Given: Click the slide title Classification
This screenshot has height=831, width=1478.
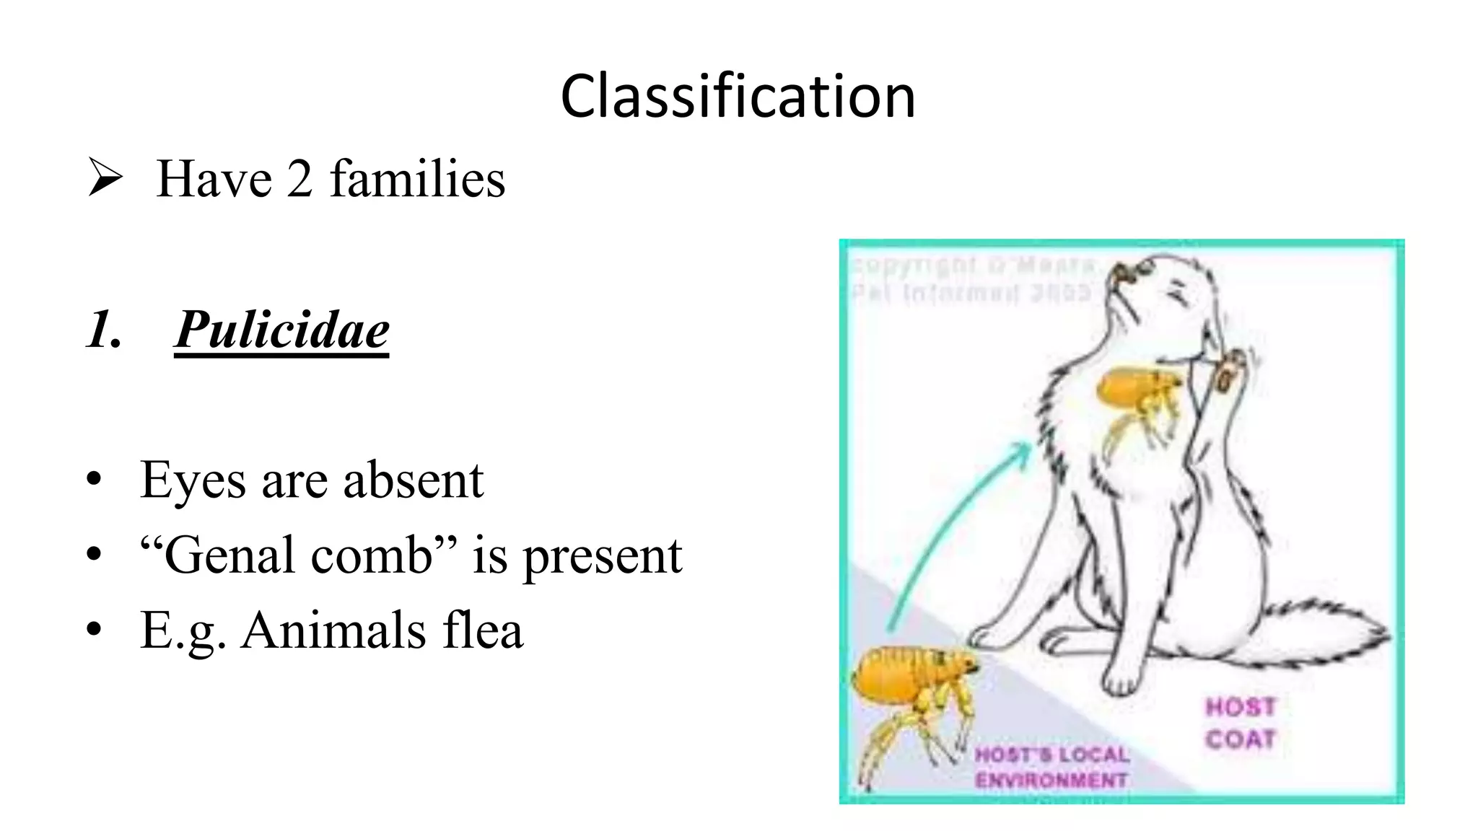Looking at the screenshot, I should click(x=738, y=97).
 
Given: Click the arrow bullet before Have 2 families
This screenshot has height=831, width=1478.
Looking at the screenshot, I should click(x=105, y=178).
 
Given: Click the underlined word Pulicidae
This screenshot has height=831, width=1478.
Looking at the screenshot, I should click(x=281, y=329).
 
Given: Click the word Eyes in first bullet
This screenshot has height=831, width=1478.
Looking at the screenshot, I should click(x=193, y=481).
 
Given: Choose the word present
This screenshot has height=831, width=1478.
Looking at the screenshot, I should click(x=602, y=556).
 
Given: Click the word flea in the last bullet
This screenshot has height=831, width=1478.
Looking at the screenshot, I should click(x=482, y=630).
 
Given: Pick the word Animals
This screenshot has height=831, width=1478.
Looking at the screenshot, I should click(x=333, y=630).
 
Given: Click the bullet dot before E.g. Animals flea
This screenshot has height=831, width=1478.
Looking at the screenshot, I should click(x=94, y=630).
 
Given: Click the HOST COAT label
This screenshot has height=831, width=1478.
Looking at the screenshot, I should click(x=1240, y=723).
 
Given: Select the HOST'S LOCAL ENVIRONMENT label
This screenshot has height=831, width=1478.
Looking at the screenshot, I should click(x=1051, y=768).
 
